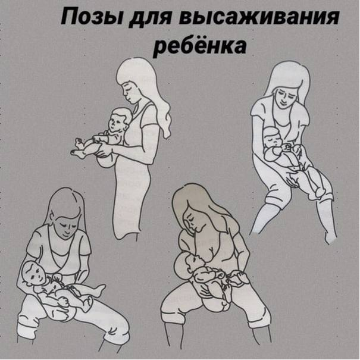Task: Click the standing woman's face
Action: coord(129,92)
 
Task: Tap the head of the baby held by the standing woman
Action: coord(119,121)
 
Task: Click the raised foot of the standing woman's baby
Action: coord(80,142)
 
